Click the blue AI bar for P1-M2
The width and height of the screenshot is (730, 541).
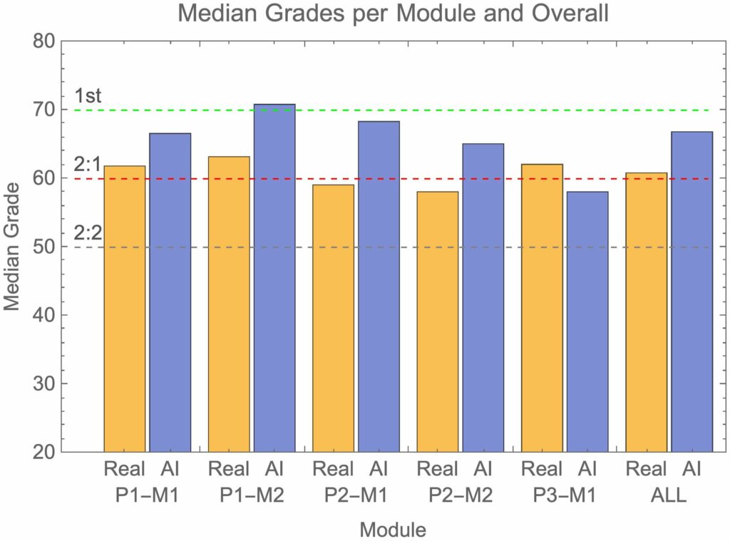coord(274,278)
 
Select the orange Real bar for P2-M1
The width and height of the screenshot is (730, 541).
coord(333,318)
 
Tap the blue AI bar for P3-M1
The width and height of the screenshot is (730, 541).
coord(587,321)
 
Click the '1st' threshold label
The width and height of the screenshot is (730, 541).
coord(88,96)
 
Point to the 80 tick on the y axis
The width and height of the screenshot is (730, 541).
coord(44,41)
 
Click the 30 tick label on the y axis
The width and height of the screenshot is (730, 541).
coord(44,383)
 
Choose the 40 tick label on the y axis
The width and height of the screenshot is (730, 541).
coord(44,315)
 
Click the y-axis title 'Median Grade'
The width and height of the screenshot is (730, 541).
coord(12,246)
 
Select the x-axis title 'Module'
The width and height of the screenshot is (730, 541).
coord(394,529)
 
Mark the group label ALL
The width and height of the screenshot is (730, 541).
coord(668,495)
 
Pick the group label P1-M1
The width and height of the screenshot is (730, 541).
coord(148,495)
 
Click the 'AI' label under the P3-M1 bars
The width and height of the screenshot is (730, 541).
coord(587,469)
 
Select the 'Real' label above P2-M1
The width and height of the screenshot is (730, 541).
coord(334,469)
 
